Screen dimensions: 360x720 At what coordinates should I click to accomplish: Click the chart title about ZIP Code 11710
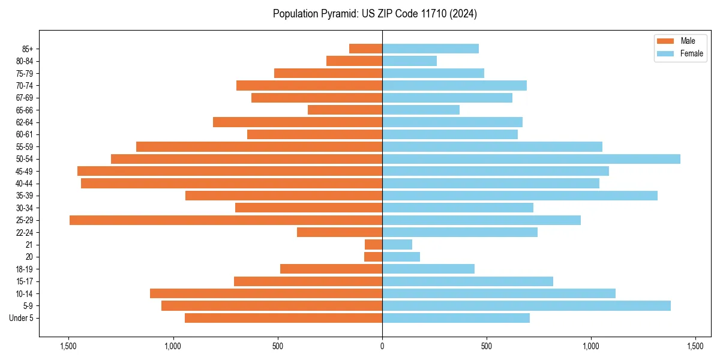(x=374, y=14)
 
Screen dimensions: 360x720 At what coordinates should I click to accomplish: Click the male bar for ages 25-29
(x=226, y=220)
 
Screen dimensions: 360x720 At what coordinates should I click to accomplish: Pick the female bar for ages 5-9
(x=526, y=306)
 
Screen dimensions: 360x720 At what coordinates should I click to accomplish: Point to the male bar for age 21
(x=373, y=245)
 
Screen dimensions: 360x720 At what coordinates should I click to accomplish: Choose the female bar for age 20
(x=401, y=257)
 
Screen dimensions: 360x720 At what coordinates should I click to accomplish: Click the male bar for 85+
(x=365, y=49)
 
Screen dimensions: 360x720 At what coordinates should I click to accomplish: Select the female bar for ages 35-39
(x=520, y=196)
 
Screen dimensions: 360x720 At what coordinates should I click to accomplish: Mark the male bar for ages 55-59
(x=259, y=146)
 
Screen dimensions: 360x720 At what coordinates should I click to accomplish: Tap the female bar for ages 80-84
(x=409, y=61)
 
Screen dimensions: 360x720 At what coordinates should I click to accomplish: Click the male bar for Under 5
(x=283, y=318)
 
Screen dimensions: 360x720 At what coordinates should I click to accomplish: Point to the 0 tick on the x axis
(x=382, y=346)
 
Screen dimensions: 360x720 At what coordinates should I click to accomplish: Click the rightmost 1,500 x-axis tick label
(x=695, y=346)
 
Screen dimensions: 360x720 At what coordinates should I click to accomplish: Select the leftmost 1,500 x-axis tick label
(x=68, y=346)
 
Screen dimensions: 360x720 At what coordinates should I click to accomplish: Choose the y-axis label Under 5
(x=22, y=318)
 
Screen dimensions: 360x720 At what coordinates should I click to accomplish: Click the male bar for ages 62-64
(x=298, y=122)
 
